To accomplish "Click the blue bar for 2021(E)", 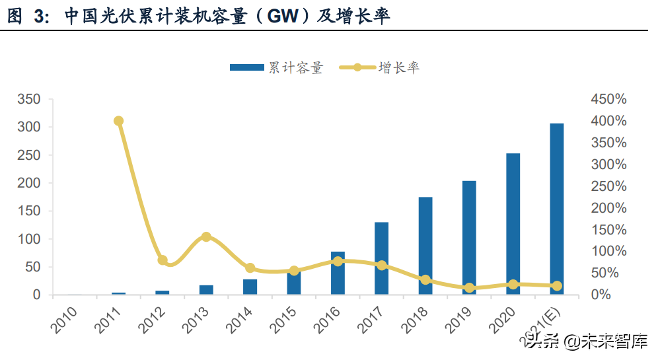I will [x=557, y=209].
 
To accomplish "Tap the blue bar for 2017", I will [x=381, y=258].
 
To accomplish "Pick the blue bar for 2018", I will [x=425, y=246].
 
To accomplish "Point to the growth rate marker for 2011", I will [x=119, y=121].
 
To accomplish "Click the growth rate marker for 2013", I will [x=206, y=236].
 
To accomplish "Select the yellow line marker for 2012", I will [x=163, y=260].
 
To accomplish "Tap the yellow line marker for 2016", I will [x=338, y=261].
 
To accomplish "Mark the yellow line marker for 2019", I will [x=469, y=288].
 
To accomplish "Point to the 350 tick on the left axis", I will [x=30, y=99].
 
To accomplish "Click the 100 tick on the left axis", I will [x=30, y=239].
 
